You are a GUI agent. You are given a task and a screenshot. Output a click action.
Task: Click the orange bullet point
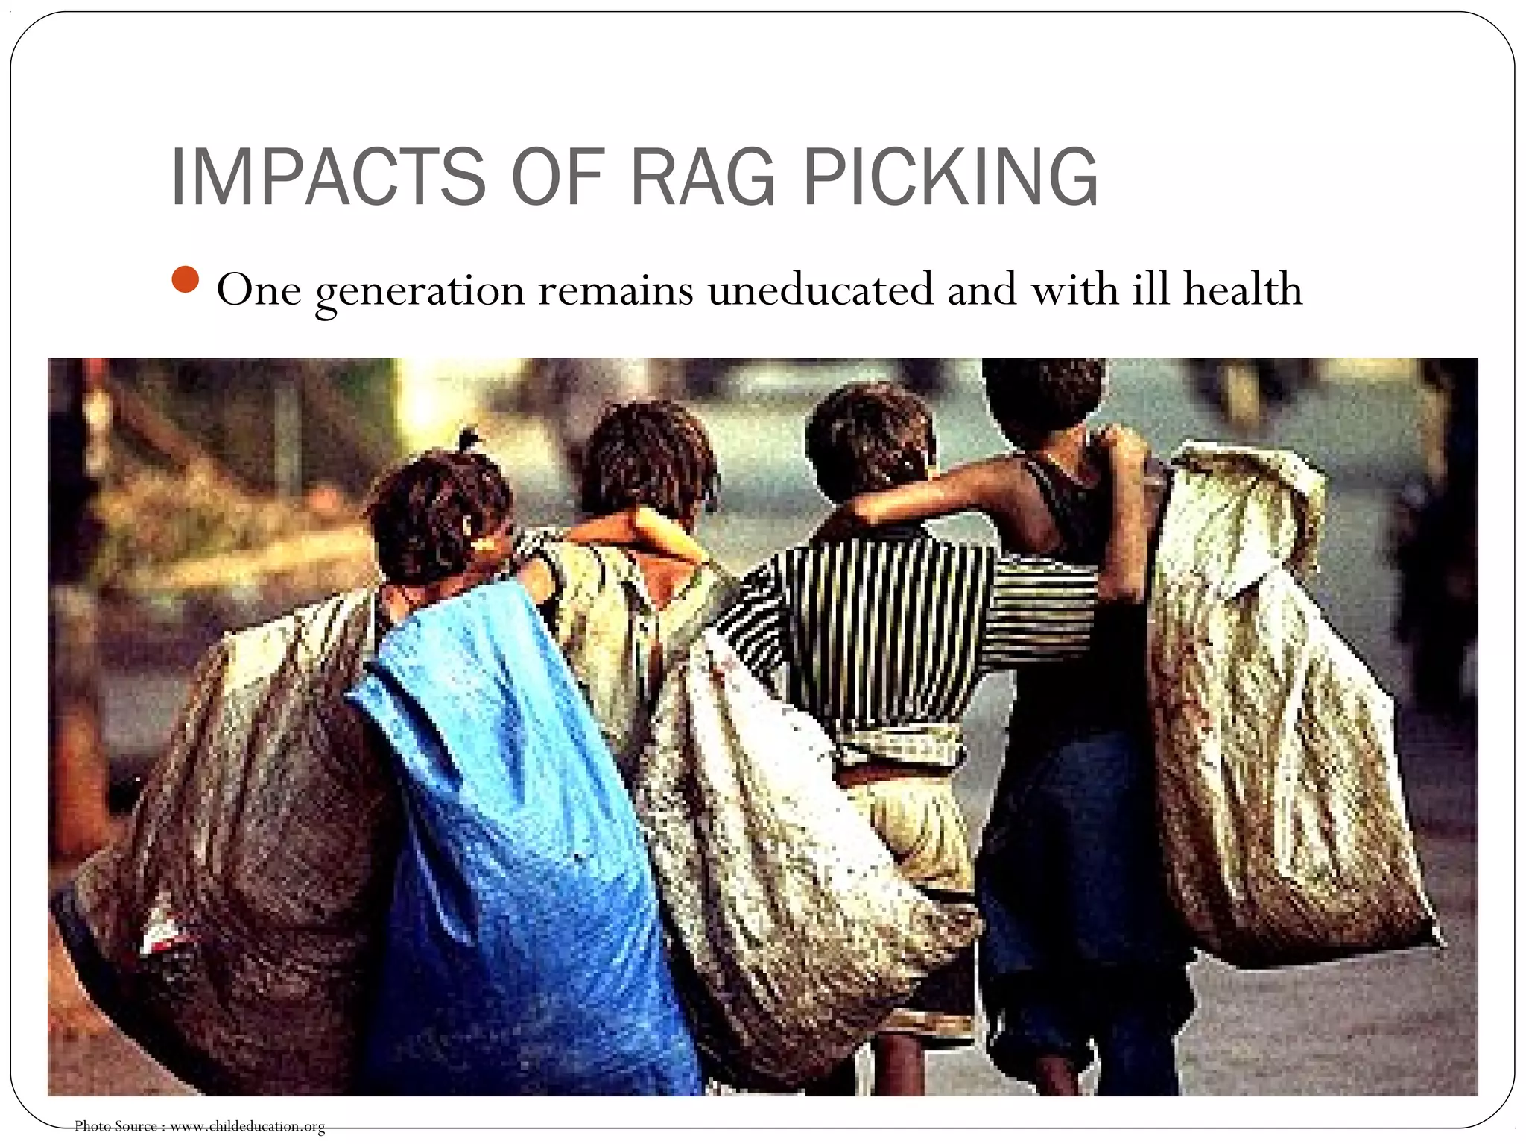click(x=185, y=280)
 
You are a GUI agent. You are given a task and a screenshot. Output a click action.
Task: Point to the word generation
click(x=420, y=290)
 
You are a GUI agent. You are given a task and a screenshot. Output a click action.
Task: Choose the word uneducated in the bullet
click(x=820, y=289)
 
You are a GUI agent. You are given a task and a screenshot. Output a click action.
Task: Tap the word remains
click(x=615, y=289)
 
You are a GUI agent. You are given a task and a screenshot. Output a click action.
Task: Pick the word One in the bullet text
click(x=259, y=289)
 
